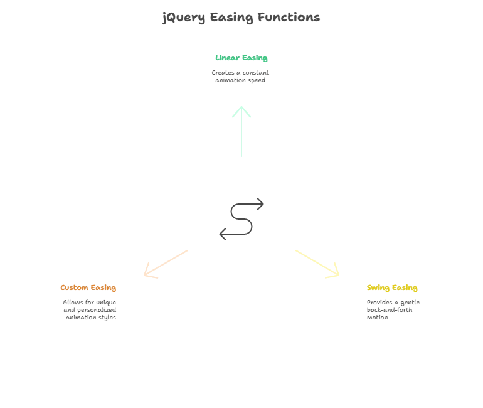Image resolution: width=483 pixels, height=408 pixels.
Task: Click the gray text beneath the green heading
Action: [x=240, y=78]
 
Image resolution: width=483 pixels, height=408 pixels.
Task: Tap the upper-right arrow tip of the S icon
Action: [x=262, y=205]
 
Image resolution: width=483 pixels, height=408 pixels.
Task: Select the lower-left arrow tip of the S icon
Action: [x=221, y=234]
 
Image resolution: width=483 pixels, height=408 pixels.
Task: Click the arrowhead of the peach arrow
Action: [x=147, y=273]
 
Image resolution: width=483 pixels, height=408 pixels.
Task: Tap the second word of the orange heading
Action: [x=104, y=288]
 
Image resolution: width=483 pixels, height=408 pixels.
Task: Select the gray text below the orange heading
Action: [x=91, y=309]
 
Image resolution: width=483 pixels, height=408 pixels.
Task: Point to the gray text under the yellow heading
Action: [x=391, y=309]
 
